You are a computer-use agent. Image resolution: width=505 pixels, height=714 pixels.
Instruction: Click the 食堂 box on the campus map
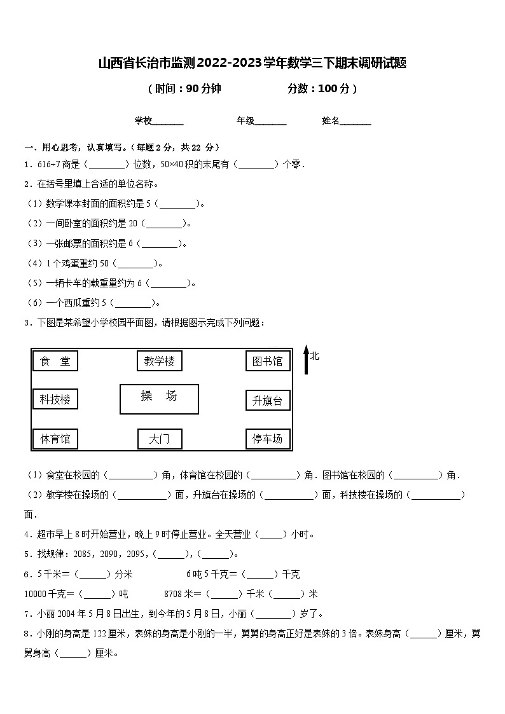[x=55, y=361]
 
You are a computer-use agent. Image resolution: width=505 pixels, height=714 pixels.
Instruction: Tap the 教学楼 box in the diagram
[x=159, y=361]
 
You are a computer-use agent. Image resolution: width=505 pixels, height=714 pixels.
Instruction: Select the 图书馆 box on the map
[x=268, y=361]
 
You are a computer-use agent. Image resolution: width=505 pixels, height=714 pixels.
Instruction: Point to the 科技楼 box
[x=55, y=399]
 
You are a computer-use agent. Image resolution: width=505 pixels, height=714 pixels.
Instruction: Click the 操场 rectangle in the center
[x=159, y=399]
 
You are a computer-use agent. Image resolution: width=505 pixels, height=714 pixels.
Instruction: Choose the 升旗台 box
[x=268, y=400]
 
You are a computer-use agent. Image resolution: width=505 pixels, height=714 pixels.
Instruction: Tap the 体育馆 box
[x=55, y=439]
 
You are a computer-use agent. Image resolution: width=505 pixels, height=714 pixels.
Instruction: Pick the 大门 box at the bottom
[x=160, y=439]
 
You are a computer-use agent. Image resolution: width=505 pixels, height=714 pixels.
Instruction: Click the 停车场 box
[x=268, y=439]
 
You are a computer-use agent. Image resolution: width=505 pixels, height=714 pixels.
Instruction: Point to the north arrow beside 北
[x=306, y=360]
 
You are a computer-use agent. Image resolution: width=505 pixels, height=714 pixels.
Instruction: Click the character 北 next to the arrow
[x=315, y=355]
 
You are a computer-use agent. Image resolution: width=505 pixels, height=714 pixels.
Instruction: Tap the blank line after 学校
[x=168, y=122]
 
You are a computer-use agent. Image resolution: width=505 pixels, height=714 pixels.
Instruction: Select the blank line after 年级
[x=270, y=122]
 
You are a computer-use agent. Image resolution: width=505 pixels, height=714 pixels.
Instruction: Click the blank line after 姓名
[x=356, y=122]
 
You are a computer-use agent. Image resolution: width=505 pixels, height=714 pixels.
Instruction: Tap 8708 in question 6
[x=174, y=594]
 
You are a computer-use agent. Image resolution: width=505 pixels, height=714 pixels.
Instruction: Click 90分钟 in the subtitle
[x=204, y=89]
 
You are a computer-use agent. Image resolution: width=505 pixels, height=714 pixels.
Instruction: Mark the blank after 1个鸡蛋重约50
[x=135, y=263]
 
